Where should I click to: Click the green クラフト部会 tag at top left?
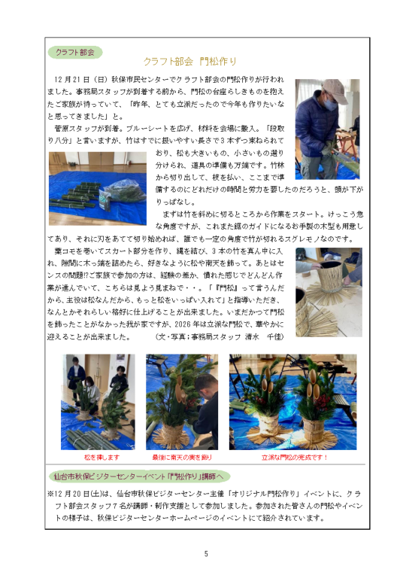75,53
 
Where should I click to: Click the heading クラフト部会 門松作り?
189,62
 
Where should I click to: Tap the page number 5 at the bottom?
206,554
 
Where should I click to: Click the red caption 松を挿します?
102,458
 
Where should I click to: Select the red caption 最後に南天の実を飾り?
182,458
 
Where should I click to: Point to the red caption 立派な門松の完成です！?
294,458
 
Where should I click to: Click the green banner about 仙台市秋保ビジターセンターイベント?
139,476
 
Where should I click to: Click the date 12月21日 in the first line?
71,80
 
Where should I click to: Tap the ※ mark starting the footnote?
50,494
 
